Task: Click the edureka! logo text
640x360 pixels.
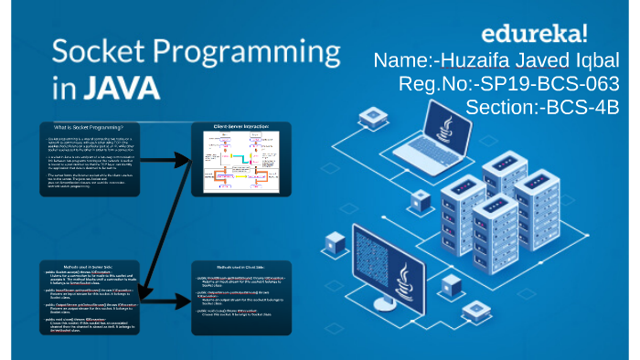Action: [x=534, y=36]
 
